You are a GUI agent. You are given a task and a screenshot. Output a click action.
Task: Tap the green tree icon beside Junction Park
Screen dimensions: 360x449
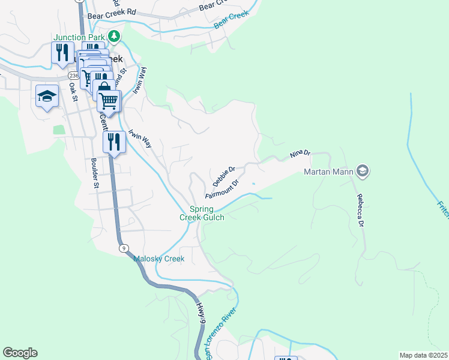(x=114, y=37)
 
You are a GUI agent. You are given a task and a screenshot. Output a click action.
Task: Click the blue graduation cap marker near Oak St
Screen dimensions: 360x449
(x=47, y=97)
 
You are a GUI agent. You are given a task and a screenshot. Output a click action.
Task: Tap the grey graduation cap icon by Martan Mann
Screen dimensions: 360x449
(x=362, y=172)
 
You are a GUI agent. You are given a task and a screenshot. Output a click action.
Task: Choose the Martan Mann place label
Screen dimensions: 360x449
(x=328, y=173)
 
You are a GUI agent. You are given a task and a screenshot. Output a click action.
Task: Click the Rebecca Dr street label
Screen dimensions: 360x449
(x=361, y=210)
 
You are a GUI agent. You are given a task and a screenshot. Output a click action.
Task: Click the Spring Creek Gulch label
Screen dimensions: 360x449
(x=202, y=213)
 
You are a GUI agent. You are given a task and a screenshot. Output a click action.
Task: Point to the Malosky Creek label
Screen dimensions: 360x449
(x=158, y=259)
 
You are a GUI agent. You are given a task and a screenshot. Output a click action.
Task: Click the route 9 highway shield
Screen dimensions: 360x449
(x=122, y=248)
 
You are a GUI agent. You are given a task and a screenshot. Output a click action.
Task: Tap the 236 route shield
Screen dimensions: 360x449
(x=73, y=76)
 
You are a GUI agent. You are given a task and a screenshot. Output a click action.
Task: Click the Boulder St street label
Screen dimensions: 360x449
(x=94, y=173)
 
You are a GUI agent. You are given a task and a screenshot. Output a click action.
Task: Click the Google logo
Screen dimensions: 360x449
(x=20, y=352)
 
